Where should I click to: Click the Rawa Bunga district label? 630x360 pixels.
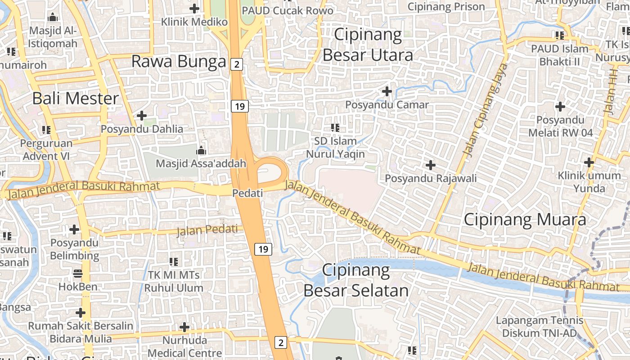pos(178,62)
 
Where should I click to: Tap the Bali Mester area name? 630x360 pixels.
pos(76,98)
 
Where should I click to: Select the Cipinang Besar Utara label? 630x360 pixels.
pos(368,45)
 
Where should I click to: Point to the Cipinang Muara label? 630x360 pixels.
pos(525,220)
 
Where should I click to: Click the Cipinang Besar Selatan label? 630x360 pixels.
pos(356,280)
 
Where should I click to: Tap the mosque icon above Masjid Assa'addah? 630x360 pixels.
pos(201,150)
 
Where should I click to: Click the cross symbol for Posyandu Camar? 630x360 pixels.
pos(387,91)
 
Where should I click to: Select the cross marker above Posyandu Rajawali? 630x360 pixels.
pos(431,165)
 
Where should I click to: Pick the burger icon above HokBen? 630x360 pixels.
pos(78,273)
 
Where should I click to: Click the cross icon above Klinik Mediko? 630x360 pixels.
pos(194,8)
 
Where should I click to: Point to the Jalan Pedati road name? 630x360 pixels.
pos(207,230)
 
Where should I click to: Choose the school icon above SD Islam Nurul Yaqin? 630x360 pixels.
pos(335,128)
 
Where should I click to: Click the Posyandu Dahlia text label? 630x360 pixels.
pos(142,129)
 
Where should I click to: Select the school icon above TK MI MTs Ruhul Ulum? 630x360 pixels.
pos(174,261)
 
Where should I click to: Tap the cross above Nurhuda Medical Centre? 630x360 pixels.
pos(184,327)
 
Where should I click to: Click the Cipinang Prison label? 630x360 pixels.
pos(446,7)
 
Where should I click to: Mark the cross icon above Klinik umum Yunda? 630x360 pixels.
pos(589,162)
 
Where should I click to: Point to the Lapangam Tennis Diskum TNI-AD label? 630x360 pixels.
pos(539,327)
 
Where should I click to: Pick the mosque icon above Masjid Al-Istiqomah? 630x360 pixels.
pos(53,18)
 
